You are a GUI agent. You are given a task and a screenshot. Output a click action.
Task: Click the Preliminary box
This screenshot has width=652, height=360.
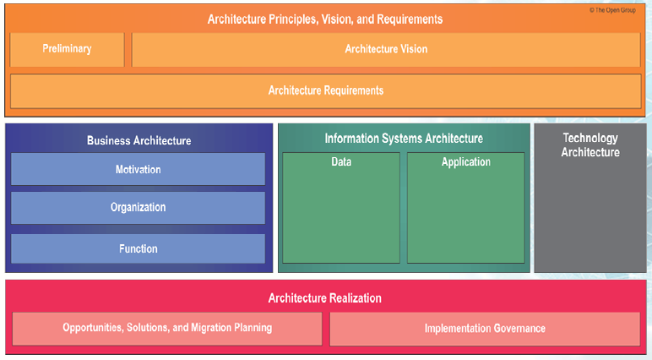point(67,49)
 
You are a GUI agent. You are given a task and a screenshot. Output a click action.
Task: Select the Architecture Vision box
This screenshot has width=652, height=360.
point(386,49)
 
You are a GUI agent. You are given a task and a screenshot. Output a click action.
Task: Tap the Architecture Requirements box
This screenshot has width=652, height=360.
point(325,90)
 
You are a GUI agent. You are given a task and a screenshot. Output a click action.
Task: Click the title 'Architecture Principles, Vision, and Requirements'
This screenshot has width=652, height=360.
point(325,19)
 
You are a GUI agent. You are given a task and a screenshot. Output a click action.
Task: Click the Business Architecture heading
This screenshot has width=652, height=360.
point(139,141)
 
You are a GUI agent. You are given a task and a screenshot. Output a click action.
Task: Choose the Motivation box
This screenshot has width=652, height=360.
point(138,169)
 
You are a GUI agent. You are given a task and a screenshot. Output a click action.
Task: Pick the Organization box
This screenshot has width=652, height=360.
point(138,207)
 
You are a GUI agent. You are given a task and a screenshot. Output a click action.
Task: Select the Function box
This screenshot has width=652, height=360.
point(138,248)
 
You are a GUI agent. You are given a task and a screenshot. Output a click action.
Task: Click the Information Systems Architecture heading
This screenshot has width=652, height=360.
point(404,138)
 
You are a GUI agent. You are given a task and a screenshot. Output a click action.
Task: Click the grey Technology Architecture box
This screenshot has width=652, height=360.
point(590,199)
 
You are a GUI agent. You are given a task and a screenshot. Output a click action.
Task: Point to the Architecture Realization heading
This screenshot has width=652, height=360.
point(325,297)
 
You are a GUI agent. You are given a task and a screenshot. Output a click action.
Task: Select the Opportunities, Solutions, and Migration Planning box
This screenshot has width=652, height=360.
point(167,328)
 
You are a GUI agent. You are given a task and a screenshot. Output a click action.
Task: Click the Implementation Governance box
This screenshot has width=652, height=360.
point(485,328)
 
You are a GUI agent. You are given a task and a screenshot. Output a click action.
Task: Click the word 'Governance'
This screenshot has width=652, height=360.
point(518,328)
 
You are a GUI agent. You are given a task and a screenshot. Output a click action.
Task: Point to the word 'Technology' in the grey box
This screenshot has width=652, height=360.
point(590,138)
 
